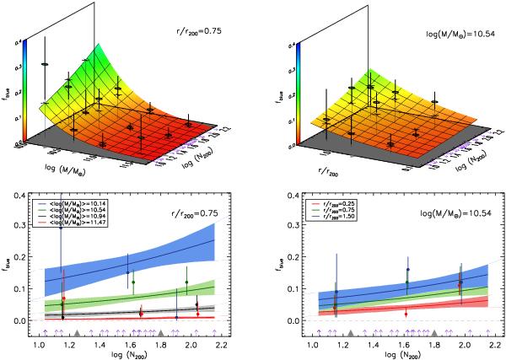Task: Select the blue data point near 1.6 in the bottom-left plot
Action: coord(127,272)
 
